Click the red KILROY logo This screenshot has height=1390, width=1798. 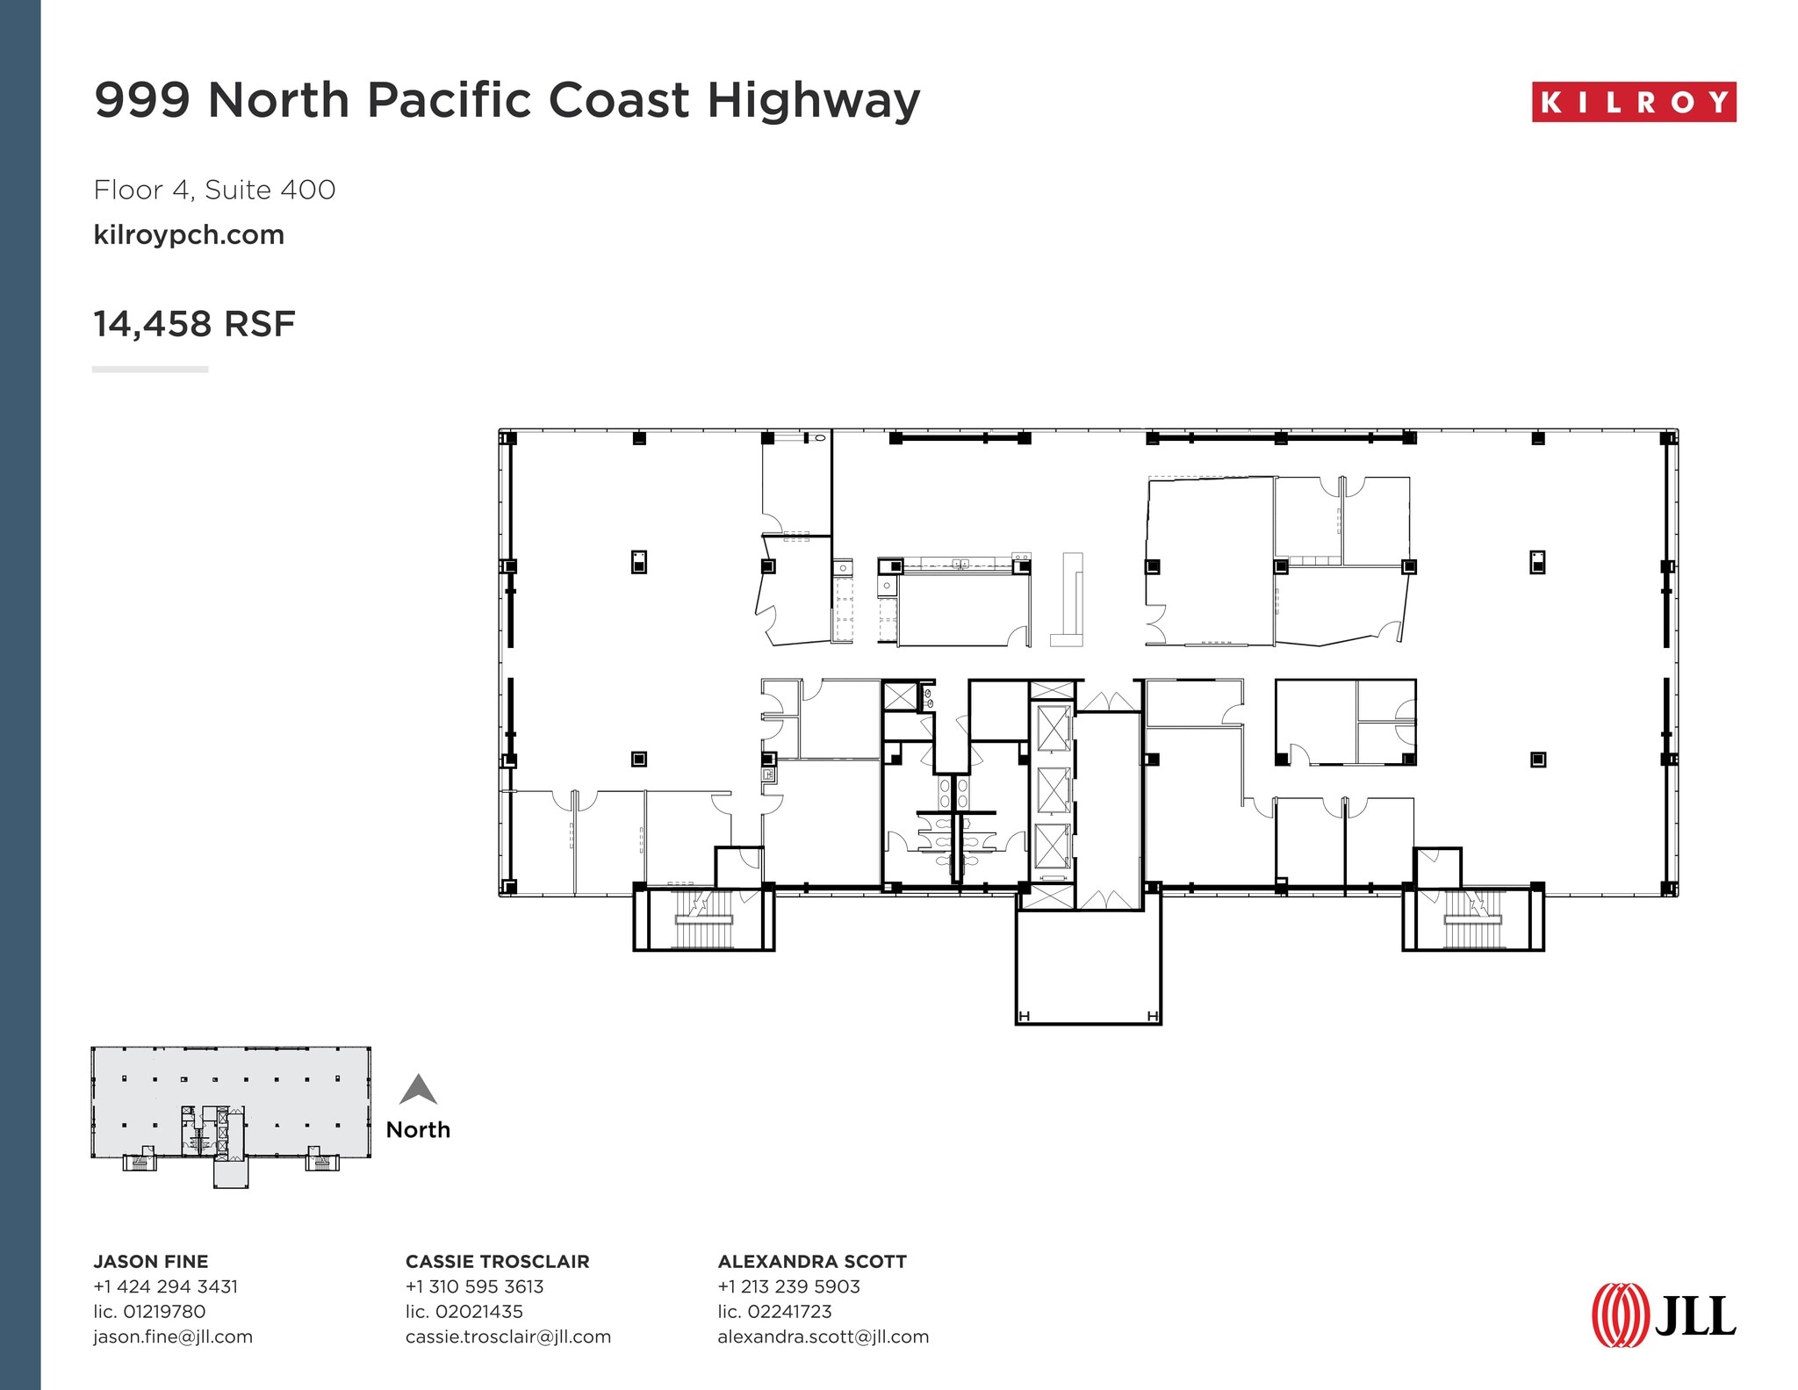click(1633, 103)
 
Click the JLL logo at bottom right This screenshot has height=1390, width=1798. click(1664, 1315)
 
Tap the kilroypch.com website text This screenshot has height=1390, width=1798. click(189, 235)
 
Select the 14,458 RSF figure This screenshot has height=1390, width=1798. click(194, 324)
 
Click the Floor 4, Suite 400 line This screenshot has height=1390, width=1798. click(214, 190)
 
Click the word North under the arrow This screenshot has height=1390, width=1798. click(418, 1130)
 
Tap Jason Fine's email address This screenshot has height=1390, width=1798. click(173, 1336)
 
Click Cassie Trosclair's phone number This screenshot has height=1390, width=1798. click(474, 1286)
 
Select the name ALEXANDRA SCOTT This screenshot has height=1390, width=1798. click(812, 1262)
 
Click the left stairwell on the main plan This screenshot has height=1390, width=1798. click(703, 919)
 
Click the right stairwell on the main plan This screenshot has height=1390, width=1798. click(1472, 919)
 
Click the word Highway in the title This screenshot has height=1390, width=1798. click(813, 100)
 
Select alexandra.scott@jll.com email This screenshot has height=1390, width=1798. click(823, 1336)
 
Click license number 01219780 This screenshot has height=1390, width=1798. click(149, 1312)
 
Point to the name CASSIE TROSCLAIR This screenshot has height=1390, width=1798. click(497, 1262)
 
